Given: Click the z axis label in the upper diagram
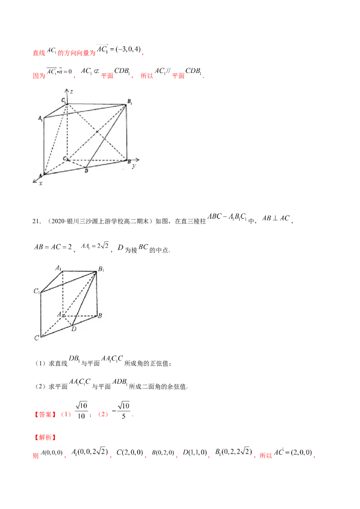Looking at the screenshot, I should [71, 91].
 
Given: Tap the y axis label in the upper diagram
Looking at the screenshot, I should [134, 166].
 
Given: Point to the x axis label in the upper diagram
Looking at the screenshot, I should [40, 183].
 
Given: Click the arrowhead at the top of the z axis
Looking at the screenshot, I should [67, 89].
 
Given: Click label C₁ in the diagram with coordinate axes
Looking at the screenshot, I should [64, 99].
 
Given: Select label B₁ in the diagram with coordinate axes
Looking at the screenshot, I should [130, 102].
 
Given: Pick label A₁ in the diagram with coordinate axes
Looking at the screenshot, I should [40, 118].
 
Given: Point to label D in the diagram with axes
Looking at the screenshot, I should [86, 170].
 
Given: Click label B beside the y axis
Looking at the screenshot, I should [129, 161].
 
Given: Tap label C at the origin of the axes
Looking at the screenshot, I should [64, 159].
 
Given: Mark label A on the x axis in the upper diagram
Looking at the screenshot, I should [40, 175].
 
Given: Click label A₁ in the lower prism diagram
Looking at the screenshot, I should [58, 268].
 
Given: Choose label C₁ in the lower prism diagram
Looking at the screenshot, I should [36, 291].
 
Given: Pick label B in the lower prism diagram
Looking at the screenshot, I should [100, 316].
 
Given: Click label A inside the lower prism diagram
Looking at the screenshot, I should [59, 315].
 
